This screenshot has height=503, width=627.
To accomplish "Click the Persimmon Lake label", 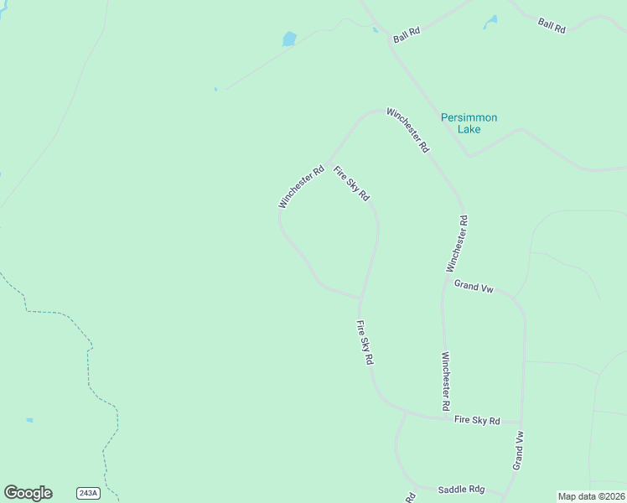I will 469,123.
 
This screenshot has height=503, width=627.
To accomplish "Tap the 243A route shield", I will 88,493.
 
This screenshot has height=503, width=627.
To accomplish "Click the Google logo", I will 28,493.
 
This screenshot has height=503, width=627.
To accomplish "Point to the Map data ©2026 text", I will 591,496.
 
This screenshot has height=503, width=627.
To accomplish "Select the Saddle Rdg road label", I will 461,489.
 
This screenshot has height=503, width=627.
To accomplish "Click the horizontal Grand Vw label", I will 474,287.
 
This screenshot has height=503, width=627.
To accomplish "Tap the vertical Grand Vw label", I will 519,450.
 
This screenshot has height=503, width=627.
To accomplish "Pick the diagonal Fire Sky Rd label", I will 351,184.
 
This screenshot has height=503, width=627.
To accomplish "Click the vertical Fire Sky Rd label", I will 365,343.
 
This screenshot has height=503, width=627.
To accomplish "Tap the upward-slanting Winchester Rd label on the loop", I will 301,187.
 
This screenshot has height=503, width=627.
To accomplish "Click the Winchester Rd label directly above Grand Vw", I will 457,243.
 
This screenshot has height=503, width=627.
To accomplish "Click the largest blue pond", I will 289,39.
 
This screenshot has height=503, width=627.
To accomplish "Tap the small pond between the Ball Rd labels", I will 490,22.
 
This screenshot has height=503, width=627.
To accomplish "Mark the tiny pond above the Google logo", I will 30,420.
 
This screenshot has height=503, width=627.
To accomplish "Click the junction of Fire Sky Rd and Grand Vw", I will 521,422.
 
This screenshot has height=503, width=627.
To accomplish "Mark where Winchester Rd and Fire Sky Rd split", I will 329,161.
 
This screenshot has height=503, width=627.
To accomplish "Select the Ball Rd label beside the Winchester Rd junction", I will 407,34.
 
